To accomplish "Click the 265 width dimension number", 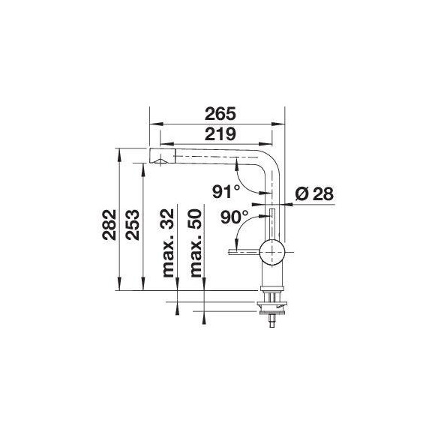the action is point(220,114).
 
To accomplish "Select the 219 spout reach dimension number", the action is point(220,134).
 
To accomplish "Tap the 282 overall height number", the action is point(109,225).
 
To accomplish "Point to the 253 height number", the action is point(132,225).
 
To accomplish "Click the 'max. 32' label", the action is point(168,243).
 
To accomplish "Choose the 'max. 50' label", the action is point(196,243).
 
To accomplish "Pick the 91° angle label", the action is point(226,192).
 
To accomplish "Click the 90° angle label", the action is point(235,217).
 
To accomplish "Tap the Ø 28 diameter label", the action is point(314,193).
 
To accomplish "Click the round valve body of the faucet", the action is point(272,252).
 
